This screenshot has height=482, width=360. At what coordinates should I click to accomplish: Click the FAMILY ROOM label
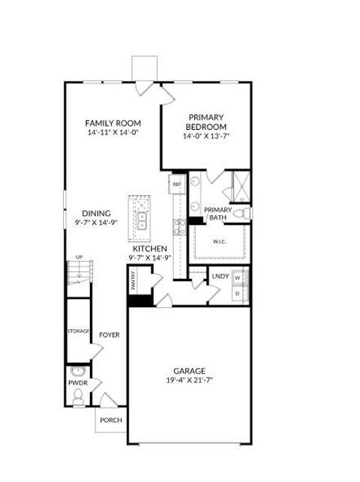pos(112,123)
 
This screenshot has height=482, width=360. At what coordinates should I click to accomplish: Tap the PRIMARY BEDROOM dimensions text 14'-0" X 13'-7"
pos(207,136)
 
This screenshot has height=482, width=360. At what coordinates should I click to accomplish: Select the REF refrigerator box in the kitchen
pos(178,184)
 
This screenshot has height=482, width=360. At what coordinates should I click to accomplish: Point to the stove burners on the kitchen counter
pos(180,226)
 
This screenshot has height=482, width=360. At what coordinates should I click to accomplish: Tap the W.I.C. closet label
pos(219,241)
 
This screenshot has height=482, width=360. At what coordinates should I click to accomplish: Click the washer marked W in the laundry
pos(238,278)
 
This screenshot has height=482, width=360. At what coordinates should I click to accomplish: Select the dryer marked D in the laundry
pos(238,293)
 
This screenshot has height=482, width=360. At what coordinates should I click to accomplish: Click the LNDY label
pos(220,277)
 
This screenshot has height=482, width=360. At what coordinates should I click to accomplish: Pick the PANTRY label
pos(133,281)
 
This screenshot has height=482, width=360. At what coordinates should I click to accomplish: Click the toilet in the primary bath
pos(241,214)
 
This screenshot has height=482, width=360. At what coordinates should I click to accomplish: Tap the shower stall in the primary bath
pos(241,184)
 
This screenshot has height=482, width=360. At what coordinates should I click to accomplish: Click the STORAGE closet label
pos(79,331)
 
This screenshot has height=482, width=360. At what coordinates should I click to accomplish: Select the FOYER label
pos(110,335)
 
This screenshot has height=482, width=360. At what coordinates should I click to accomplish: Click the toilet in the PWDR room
pos(78,398)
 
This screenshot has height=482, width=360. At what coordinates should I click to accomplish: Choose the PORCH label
pos(111,420)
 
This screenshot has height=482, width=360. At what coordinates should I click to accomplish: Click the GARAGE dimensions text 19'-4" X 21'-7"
pos(189,380)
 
